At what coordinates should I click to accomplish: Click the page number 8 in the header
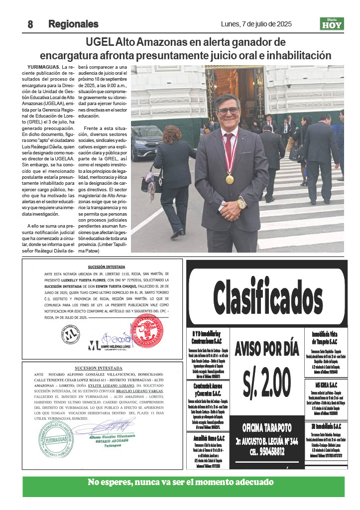(x=30, y=24)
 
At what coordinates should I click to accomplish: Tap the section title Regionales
(x=73, y=24)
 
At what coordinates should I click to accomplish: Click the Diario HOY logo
(x=332, y=23)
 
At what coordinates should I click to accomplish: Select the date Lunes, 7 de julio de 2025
(x=256, y=24)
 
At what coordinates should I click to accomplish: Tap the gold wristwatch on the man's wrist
(x=241, y=204)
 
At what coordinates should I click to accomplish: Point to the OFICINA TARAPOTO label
(x=267, y=428)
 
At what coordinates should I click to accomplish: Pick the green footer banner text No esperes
(x=180, y=482)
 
